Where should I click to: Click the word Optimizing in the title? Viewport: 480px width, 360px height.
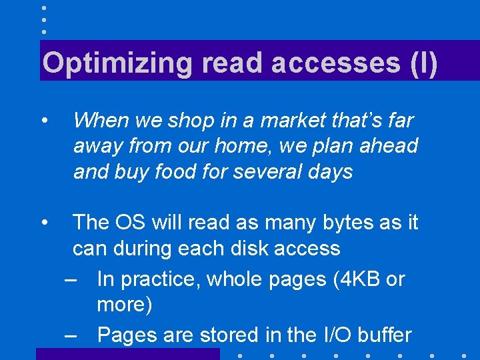pyautogui.click(x=117, y=63)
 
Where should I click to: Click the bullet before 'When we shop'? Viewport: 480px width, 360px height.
pyautogui.click(x=43, y=121)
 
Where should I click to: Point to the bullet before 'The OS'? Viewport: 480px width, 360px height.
pyautogui.click(x=43, y=222)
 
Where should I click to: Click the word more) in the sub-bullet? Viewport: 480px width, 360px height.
pyautogui.click(x=125, y=305)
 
